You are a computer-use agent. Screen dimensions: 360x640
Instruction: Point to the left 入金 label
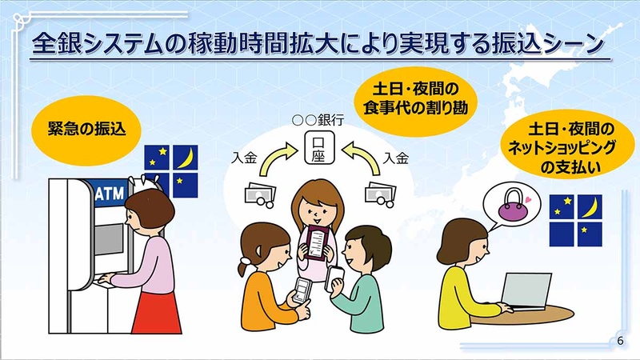pos(243,154)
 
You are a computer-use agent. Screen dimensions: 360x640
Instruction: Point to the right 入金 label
pos(397,154)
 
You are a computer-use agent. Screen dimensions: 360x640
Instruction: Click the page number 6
pos(621,342)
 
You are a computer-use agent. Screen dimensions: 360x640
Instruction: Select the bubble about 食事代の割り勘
pos(410,95)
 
